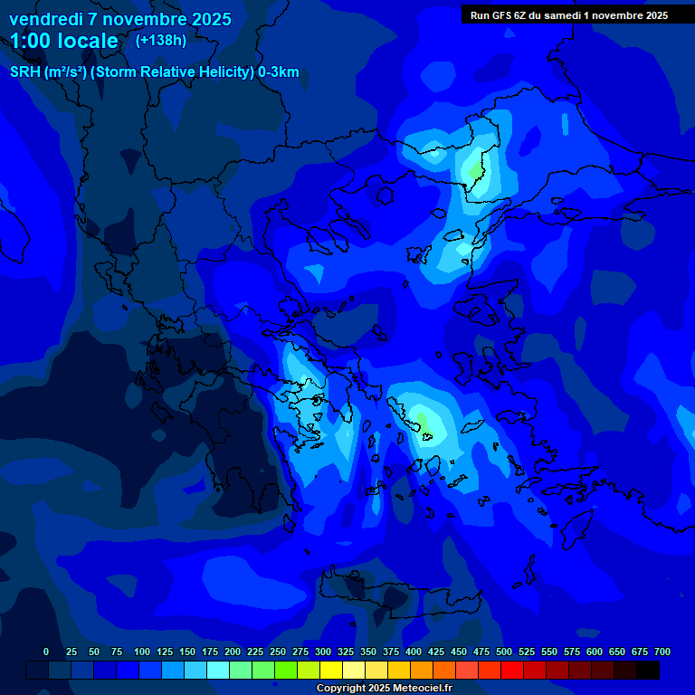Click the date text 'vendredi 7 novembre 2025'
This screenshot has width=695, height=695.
(120, 19)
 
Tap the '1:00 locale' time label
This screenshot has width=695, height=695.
(64, 42)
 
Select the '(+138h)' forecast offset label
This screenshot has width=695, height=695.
(161, 41)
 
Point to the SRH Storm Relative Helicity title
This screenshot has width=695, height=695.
(155, 72)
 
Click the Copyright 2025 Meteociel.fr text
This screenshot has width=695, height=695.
(384, 688)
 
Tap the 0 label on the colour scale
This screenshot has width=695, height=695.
(46, 652)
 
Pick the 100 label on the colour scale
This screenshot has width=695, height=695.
(142, 652)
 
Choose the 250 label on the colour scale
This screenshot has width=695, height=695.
(278, 652)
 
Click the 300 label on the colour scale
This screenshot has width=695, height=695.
(323, 652)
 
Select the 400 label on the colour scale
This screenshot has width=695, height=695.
(414, 652)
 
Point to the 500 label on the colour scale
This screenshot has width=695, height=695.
(504, 652)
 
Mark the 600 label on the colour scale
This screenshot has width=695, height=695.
(595, 652)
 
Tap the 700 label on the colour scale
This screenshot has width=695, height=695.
(662, 652)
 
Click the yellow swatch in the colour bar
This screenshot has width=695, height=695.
(331, 670)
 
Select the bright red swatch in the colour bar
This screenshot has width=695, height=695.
(512, 670)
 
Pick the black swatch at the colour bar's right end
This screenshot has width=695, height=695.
(648, 670)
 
